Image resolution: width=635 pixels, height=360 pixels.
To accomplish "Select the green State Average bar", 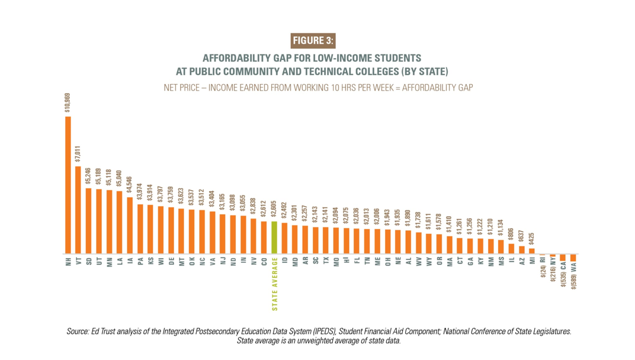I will (x=274, y=237).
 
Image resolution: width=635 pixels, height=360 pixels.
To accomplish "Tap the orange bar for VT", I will (x=78, y=210).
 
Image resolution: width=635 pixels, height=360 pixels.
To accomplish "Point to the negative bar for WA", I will (x=573, y=256).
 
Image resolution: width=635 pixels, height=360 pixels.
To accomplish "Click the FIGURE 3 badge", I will (x=313, y=41).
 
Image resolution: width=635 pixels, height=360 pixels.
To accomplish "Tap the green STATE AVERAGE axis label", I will (x=274, y=284).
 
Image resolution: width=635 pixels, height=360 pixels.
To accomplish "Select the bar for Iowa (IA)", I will (x=130, y=226).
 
